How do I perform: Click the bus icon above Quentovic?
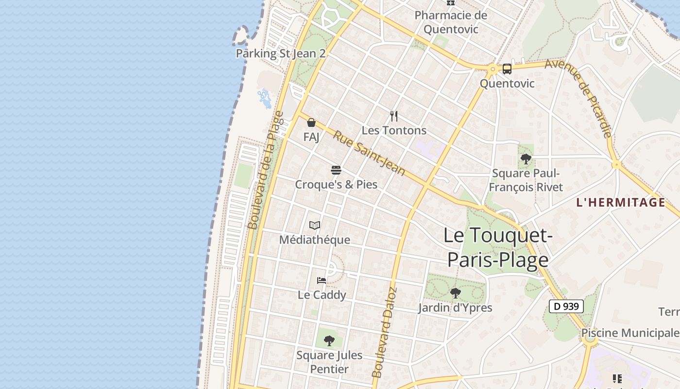(507, 69)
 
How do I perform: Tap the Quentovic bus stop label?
(507, 84)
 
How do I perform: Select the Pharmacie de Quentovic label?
(450, 22)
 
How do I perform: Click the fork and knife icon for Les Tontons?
(394, 116)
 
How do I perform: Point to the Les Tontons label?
(394, 130)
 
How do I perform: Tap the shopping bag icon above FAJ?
(311, 123)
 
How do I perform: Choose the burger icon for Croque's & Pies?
(336, 170)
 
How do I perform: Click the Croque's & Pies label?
(336, 185)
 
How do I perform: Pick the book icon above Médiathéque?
(315, 225)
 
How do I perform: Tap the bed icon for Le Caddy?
(322, 280)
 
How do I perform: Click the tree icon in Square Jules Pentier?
(329, 340)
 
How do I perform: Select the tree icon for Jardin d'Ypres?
(455, 293)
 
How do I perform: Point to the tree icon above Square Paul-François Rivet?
(526, 159)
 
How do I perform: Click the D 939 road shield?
(566, 306)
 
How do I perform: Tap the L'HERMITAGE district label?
(620, 203)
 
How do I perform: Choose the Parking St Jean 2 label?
(280, 53)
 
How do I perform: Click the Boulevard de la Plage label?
(265, 170)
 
